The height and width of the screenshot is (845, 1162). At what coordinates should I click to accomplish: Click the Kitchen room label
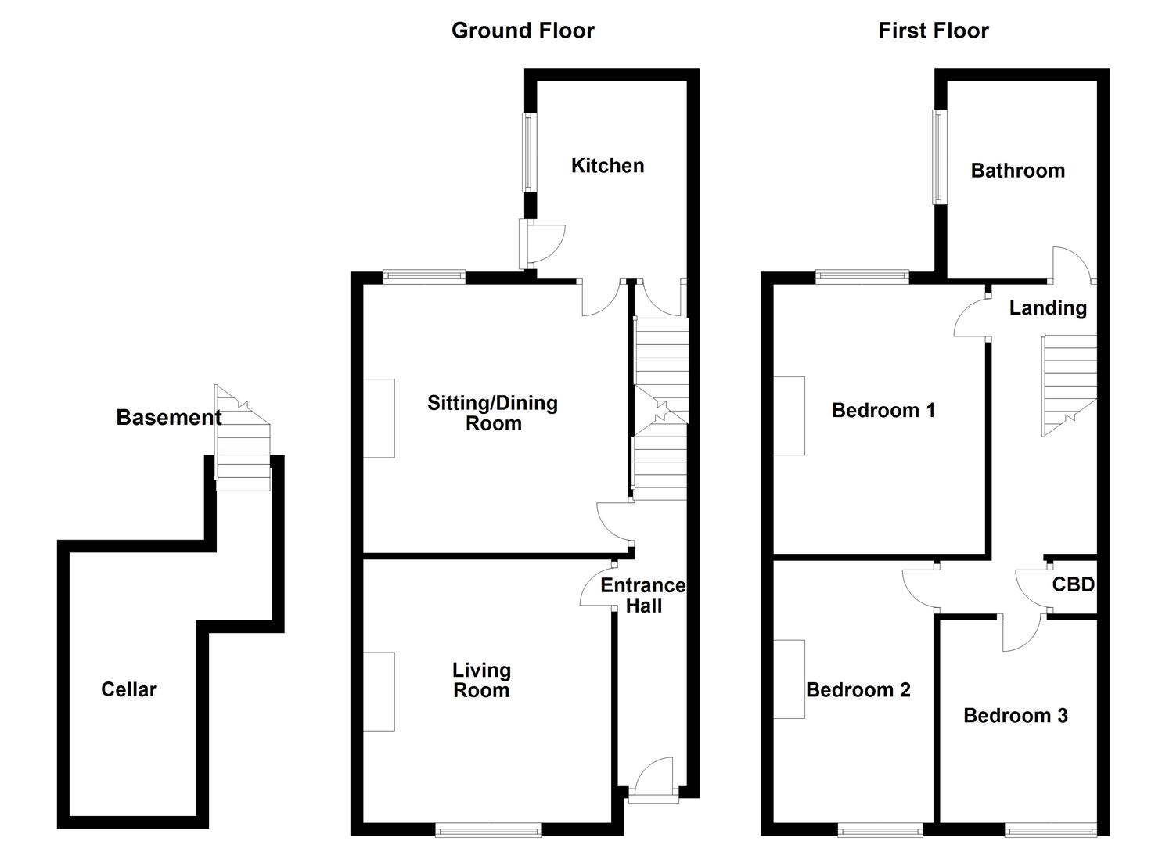click(607, 166)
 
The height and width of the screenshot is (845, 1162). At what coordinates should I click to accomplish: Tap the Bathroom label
click(1017, 171)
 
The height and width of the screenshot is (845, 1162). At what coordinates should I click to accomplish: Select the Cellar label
click(129, 689)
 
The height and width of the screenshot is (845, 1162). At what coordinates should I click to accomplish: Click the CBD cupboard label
click(1073, 584)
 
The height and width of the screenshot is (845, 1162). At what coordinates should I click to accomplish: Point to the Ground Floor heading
click(523, 31)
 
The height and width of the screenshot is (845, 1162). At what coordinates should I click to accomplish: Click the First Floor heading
click(934, 31)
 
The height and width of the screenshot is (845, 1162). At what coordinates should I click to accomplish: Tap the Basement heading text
click(168, 418)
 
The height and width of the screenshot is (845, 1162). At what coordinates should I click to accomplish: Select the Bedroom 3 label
click(1015, 716)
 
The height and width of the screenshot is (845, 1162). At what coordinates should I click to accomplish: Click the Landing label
click(1048, 308)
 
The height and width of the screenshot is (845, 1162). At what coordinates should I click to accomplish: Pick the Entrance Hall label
click(643, 595)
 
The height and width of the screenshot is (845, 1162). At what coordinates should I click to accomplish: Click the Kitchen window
click(530, 153)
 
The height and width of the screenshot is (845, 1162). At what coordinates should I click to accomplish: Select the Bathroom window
click(938, 156)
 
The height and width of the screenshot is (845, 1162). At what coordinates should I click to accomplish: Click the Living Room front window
click(488, 829)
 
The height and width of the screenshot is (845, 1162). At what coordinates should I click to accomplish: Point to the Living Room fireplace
click(379, 692)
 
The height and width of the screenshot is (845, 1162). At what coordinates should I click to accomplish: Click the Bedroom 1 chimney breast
click(789, 415)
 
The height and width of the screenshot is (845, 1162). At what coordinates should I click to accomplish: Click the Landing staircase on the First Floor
click(1069, 383)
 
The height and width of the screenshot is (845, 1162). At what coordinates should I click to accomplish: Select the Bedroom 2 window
click(880, 829)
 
